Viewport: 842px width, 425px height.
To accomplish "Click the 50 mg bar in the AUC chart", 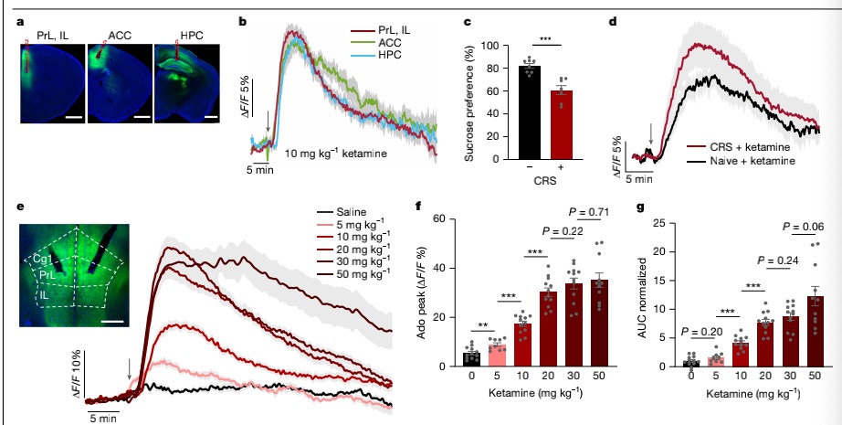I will point(816,331).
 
